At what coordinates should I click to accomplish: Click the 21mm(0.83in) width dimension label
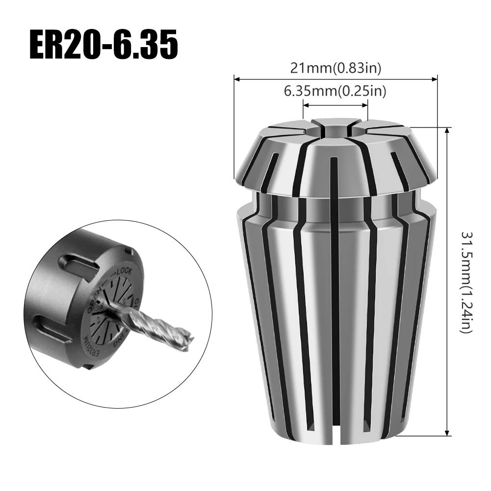[x=336, y=68]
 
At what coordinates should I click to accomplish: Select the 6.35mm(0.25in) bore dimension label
[x=336, y=91]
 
